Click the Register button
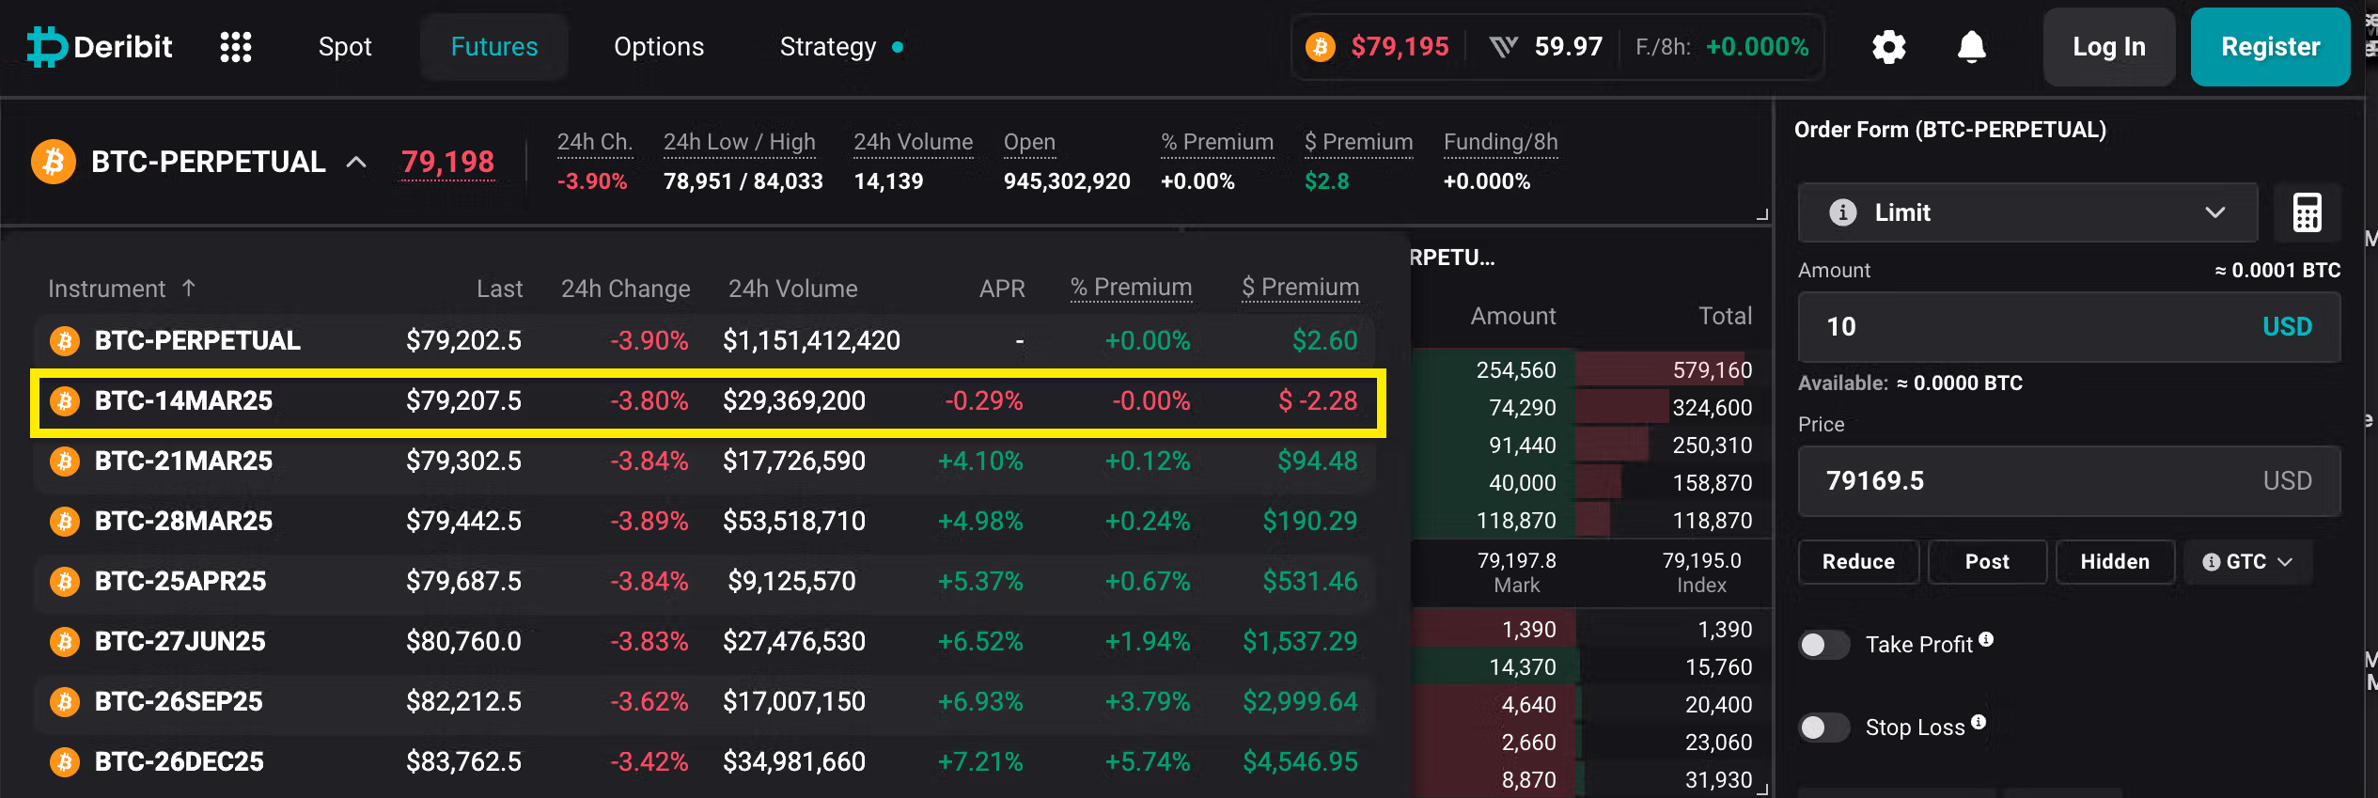coord(2270,47)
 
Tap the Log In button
coord(2109,47)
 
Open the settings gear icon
coord(1888,47)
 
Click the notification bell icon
coord(1972,47)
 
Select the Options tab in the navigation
coord(659,47)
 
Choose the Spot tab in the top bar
coord(345,47)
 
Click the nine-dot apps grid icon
coord(236,47)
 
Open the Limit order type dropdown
coord(2027,212)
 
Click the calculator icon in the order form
coord(2307,212)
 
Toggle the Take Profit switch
coord(1823,645)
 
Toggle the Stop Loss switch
coord(1823,728)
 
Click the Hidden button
coord(2115,562)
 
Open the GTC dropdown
coord(2247,562)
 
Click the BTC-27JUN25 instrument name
coord(180,642)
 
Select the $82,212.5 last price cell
coord(463,702)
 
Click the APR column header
coord(1002,289)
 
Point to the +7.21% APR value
coord(980,762)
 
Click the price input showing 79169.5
coord(2069,481)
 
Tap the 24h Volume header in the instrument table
coord(792,289)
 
